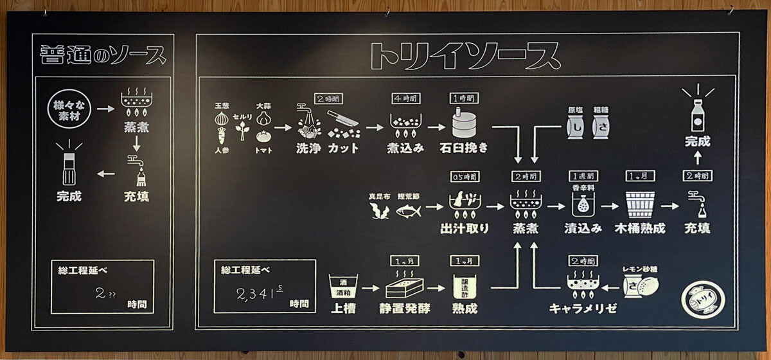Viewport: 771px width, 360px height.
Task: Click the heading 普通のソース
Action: [x=103, y=55]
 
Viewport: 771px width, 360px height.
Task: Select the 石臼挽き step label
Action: [x=465, y=147]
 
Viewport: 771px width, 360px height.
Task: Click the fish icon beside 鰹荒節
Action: [x=409, y=210]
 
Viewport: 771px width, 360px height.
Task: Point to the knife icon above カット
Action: [x=342, y=120]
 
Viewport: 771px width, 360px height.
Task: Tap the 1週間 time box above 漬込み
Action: [x=583, y=176]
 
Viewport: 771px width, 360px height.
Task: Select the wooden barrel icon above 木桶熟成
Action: [x=640, y=204]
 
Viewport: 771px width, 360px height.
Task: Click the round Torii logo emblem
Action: [x=703, y=299]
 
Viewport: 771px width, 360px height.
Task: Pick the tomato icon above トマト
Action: [x=263, y=137]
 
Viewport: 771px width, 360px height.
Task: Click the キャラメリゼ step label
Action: [x=583, y=309]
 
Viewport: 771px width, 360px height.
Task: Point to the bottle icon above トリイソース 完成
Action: [x=697, y=116]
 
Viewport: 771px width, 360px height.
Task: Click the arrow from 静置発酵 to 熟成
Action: [x=436, y=289]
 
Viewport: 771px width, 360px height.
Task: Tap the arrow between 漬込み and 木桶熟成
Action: [x=611, y=206]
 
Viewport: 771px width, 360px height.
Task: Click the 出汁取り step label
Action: [x=465, y=228]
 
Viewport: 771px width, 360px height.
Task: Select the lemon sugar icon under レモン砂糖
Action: [x=642, y=285]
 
